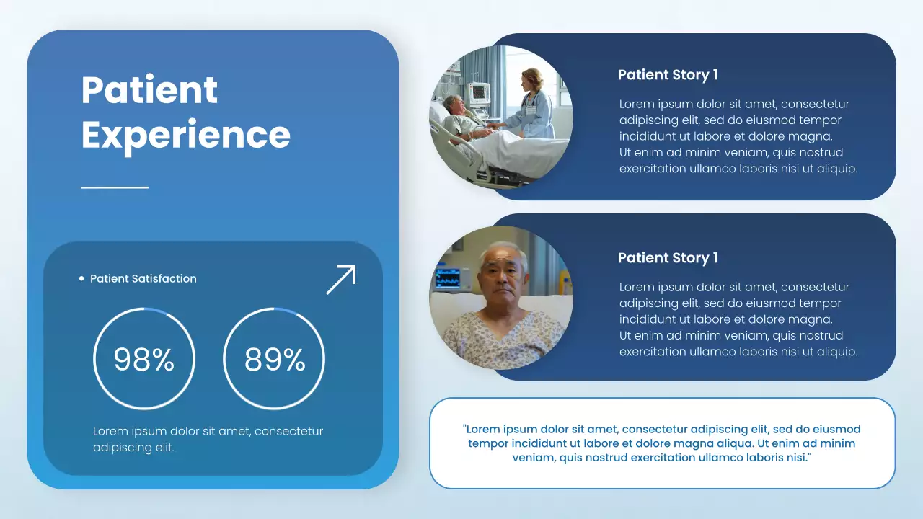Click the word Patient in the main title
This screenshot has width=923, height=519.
pos(149,90)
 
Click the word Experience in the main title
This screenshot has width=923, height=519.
pos(185,135)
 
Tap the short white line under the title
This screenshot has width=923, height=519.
pos(115,187)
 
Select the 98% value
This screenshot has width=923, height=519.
pos(144,359)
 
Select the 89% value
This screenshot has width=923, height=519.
pos(275,359)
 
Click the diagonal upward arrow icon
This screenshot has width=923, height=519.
pos(341,280)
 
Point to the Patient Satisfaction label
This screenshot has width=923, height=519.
pos(143,279)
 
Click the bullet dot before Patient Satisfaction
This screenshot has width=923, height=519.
pos(81,279)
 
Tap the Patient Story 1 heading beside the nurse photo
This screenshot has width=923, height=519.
pos(668,75)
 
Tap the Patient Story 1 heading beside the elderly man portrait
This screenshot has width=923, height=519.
pos(668,258)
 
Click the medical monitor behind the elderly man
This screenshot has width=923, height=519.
pos(448,278)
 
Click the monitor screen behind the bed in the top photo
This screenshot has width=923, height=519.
pos(479,92)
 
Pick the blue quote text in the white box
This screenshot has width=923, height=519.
pos(662,443)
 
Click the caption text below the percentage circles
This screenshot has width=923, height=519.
pos(208,439)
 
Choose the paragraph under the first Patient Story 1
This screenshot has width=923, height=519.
pos(738,136)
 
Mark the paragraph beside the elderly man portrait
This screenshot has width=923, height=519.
pos(738,319)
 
